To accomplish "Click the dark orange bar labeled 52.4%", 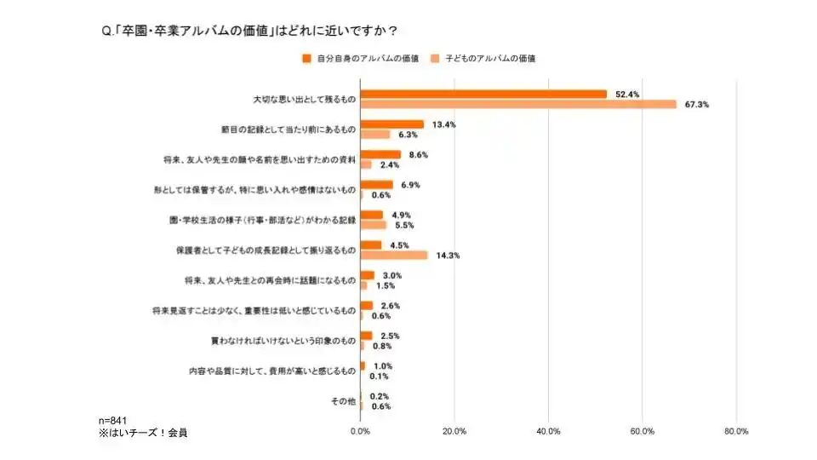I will point(483,94).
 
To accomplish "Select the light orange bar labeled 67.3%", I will point(518,104).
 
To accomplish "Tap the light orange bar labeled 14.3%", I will point(394,255).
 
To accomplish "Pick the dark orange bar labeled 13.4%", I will point(391,124).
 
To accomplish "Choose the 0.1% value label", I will point(380,376).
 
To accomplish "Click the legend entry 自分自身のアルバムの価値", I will point(361,58).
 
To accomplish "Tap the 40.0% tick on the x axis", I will point(548,431).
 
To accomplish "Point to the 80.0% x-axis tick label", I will point(735,431).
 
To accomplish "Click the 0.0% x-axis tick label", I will point(361,431).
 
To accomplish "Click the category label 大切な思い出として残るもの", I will point(304,99).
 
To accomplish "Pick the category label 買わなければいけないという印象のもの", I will point(283,340).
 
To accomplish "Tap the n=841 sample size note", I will point(114,421).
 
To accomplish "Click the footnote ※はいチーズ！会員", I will point(143,433).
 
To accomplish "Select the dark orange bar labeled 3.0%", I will point(368,275).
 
